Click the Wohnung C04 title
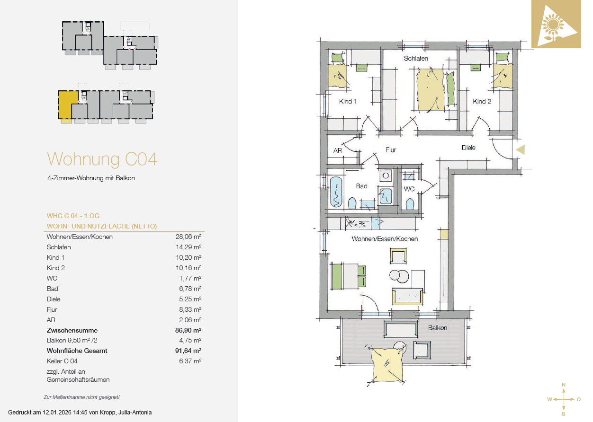102,159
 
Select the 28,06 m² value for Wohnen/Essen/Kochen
188,237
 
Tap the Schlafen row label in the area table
59,247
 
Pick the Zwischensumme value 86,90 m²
188,330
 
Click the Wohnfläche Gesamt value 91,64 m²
188,351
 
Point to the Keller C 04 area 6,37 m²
190,361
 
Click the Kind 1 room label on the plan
348,101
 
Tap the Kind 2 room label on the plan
482,101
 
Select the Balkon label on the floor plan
438,328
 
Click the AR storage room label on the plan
338,150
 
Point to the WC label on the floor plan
409,189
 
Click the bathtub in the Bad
336,192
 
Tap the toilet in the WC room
410,204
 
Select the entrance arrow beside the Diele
521,150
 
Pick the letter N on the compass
564,385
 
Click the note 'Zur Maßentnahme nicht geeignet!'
82,397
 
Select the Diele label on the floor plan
468,148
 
